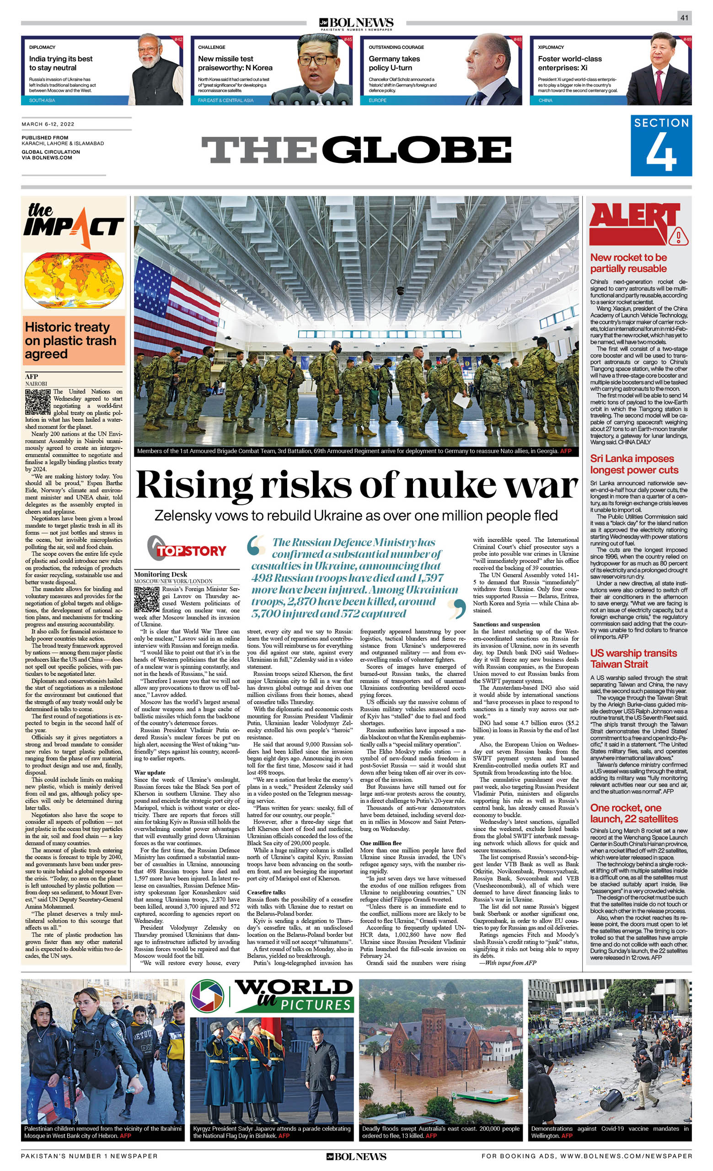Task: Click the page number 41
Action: coord(684,17)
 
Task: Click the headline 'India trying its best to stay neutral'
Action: coord(61,63)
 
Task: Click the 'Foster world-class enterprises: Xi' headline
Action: coord(569,63)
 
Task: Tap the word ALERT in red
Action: coord(634,221)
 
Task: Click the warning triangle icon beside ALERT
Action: coord(679,236)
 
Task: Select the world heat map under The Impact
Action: coord(73,281)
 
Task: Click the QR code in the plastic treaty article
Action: coord(38,402)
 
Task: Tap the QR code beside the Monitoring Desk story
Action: coord(146,599)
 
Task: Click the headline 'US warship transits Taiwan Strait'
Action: coord(633,658)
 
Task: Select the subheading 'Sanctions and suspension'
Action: coord(506,624)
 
